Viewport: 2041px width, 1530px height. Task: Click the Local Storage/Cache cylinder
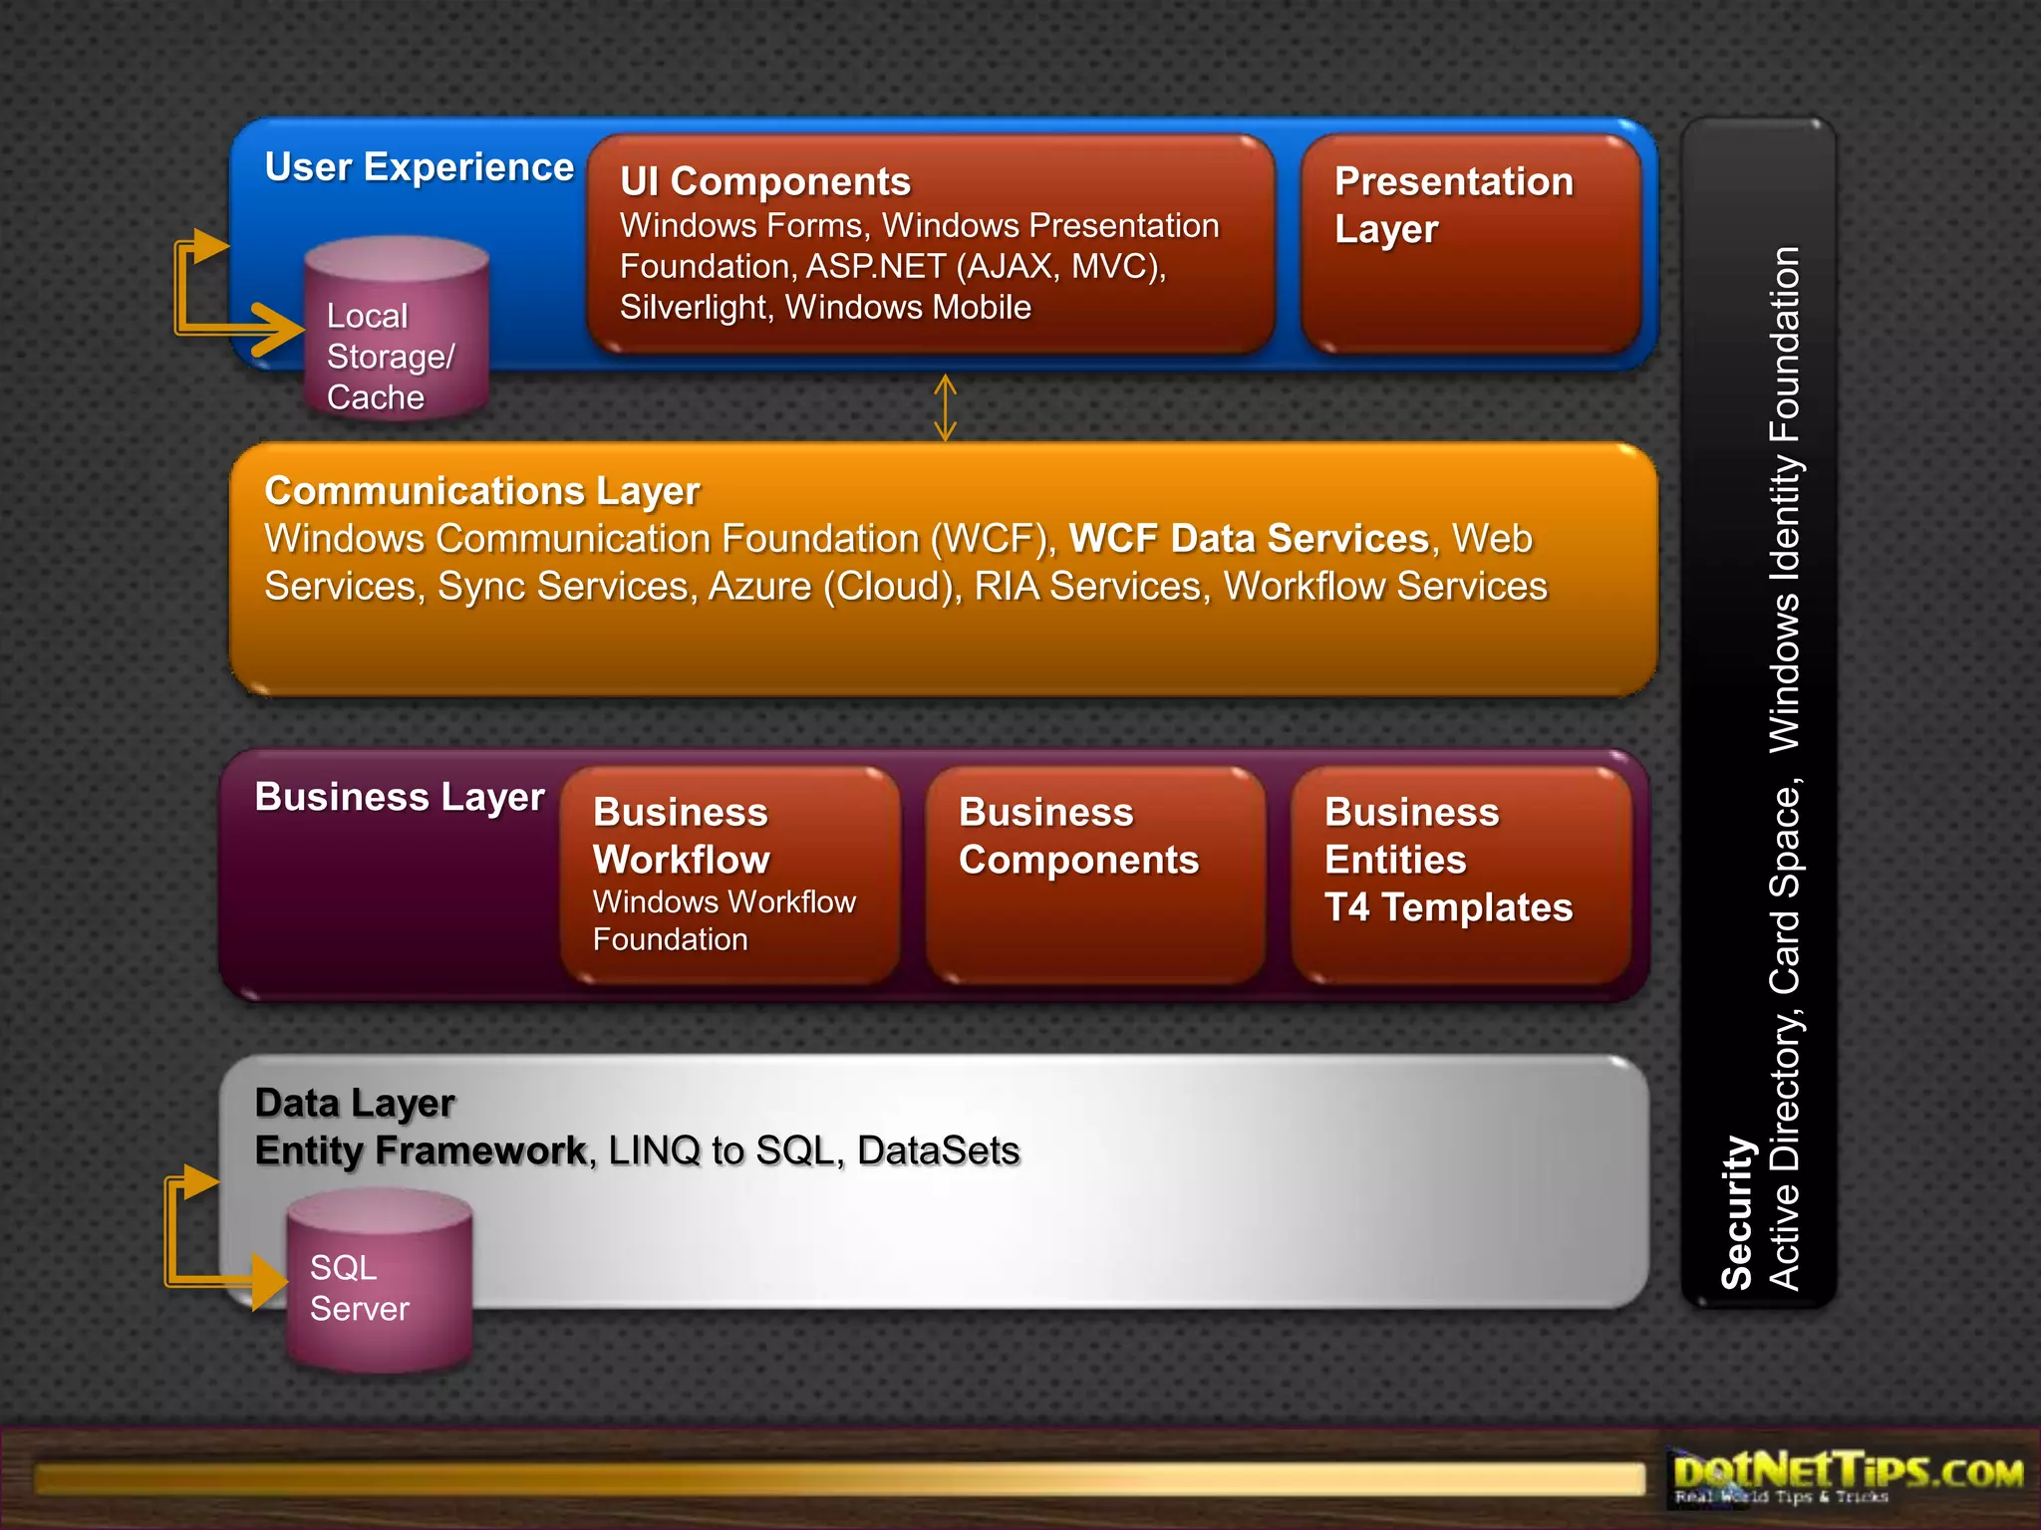tap(396, 329)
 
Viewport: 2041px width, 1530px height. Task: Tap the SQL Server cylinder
tap(379, 1285)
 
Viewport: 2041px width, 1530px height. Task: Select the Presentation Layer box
tap(1471, 245)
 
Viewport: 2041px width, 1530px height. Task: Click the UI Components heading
tap(764, 181)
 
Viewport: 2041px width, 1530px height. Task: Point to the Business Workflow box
tap(730, 875)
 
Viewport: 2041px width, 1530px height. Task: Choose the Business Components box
tap(1095, 875)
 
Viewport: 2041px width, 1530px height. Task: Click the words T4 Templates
tap(1448, 907)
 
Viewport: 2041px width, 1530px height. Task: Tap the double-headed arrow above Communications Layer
tap(945, 407)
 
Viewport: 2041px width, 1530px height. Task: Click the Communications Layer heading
tap(482, 491)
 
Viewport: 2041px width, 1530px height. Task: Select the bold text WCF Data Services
tap(1249, 539)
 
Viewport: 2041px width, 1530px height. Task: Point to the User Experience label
tap(419, 167)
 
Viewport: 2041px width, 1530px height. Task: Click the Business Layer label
tap(400, 797)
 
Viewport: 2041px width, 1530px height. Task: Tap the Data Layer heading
tap(355, 1103)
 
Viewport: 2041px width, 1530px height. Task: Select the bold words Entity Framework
tap(421, 1150)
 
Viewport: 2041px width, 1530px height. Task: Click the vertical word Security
tap(1737, 1212)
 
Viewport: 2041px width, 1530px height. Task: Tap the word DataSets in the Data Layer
tap(938, 1150)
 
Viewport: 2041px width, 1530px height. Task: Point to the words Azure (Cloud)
tap(835, 587)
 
